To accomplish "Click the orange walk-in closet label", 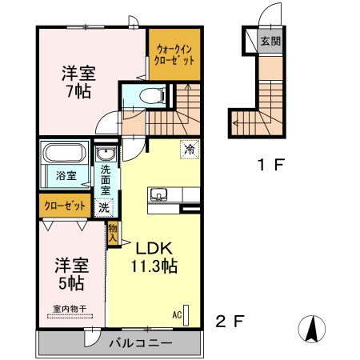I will click(x=174, y=54).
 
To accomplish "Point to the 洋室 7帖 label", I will click(x=78, y=82).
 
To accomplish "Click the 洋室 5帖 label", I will click(x=70, y=273).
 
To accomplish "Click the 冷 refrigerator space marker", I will click(x=190, y=149).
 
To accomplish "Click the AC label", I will click(x=176, y=314).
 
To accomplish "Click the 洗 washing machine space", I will click(x=104, y=207).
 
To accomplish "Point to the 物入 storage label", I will click(x=113, y=234).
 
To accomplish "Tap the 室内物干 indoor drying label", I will click(x=70, y=308).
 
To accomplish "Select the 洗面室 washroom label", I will click(x=105, y=180).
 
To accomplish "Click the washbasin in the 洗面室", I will click(x=105, y=154).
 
